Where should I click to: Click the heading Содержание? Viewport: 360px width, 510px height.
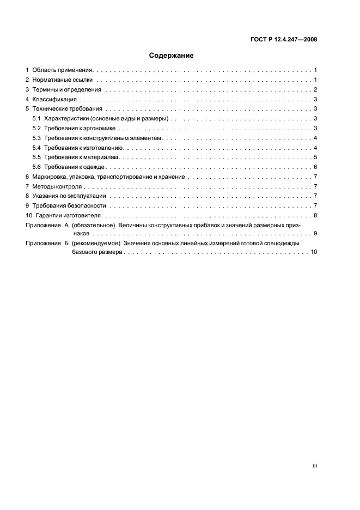(x=172, y=55)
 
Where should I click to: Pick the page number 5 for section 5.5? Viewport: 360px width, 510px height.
(x=316, y=157)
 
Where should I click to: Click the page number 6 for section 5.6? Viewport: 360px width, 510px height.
(x=316, y=167)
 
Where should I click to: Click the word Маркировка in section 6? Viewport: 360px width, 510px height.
(x=49, y=177)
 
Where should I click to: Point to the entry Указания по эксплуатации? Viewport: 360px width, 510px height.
(x=69, y=196)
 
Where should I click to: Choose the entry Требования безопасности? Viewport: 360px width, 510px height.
(x=69, y=205)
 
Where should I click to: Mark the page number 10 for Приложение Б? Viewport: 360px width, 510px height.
(x=314, y=253)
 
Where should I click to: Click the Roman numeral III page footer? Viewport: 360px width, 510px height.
(x=315, y=466)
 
